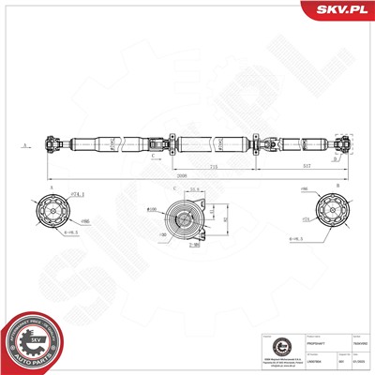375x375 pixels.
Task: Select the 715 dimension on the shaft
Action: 213,165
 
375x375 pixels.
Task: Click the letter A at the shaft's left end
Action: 26,145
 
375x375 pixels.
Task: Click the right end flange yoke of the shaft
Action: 346,145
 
